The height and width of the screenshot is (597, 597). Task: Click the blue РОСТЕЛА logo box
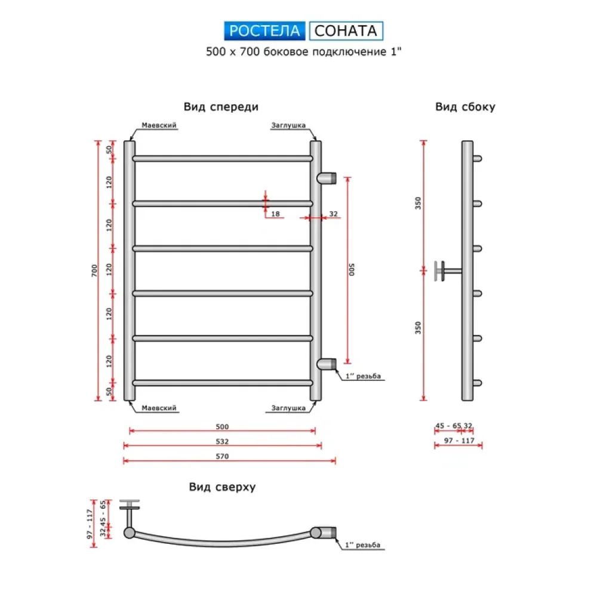(x=265, y=30)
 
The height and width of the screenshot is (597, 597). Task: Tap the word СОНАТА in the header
(x=346, y=30)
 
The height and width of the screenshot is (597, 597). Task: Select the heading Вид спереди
(x=221, y=107)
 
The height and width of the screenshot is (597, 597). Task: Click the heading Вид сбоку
(x=465, y=107)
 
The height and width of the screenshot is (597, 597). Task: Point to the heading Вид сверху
(x=222, y=487)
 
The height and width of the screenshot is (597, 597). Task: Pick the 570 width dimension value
(x=222, y=456)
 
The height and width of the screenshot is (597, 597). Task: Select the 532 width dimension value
(x=222, y=442)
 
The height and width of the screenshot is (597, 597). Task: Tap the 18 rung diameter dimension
(x=275, y=213)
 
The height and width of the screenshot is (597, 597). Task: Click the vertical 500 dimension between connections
(x=352, y=270)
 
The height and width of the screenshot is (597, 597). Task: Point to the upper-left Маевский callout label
(x=159, y=125)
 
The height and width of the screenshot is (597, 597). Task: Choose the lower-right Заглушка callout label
(x=288, y=408)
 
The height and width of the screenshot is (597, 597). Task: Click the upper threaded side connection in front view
(x=327, y=177)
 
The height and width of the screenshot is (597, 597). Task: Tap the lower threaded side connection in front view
(x=327, y=364)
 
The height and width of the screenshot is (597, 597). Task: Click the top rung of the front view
(x=222, y=159)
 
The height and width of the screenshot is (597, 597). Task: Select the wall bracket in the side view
(x=445, y=270)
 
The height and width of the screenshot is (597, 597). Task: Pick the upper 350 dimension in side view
(x=418, y=203)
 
